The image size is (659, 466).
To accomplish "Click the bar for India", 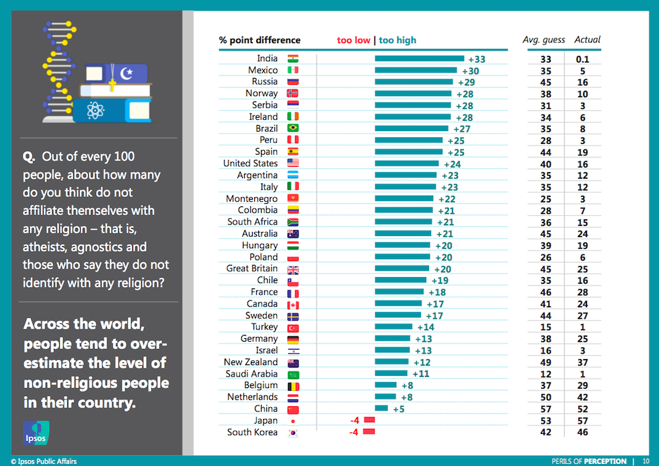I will click(x=419, y=59).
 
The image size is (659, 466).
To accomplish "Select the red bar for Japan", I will click(x=368, y=420).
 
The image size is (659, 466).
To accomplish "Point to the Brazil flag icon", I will click(x=293, y=128).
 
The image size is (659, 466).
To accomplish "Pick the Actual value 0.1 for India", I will click(x=582, y=59).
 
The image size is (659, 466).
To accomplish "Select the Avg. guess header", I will click(x=543, y=40).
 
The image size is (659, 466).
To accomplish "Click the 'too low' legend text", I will click(x=353, y=40).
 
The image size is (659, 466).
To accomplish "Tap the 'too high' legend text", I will click(x=397, y=40).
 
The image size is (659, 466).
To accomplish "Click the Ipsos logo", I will click(x=36, y=433).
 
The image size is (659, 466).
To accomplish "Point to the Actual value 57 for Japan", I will click(x=582, y=420).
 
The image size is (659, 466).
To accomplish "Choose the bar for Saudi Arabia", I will click(x=391, y=374).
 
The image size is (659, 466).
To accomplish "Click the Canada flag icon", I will click(x=293, y=304).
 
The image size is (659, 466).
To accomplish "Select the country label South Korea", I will click(x=252, y=432).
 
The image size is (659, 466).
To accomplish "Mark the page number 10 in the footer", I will click(x=646, y=461).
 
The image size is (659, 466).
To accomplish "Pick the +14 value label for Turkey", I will click(x=422, y=327).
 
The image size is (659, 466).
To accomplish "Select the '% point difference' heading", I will click(x=260, y=40).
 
